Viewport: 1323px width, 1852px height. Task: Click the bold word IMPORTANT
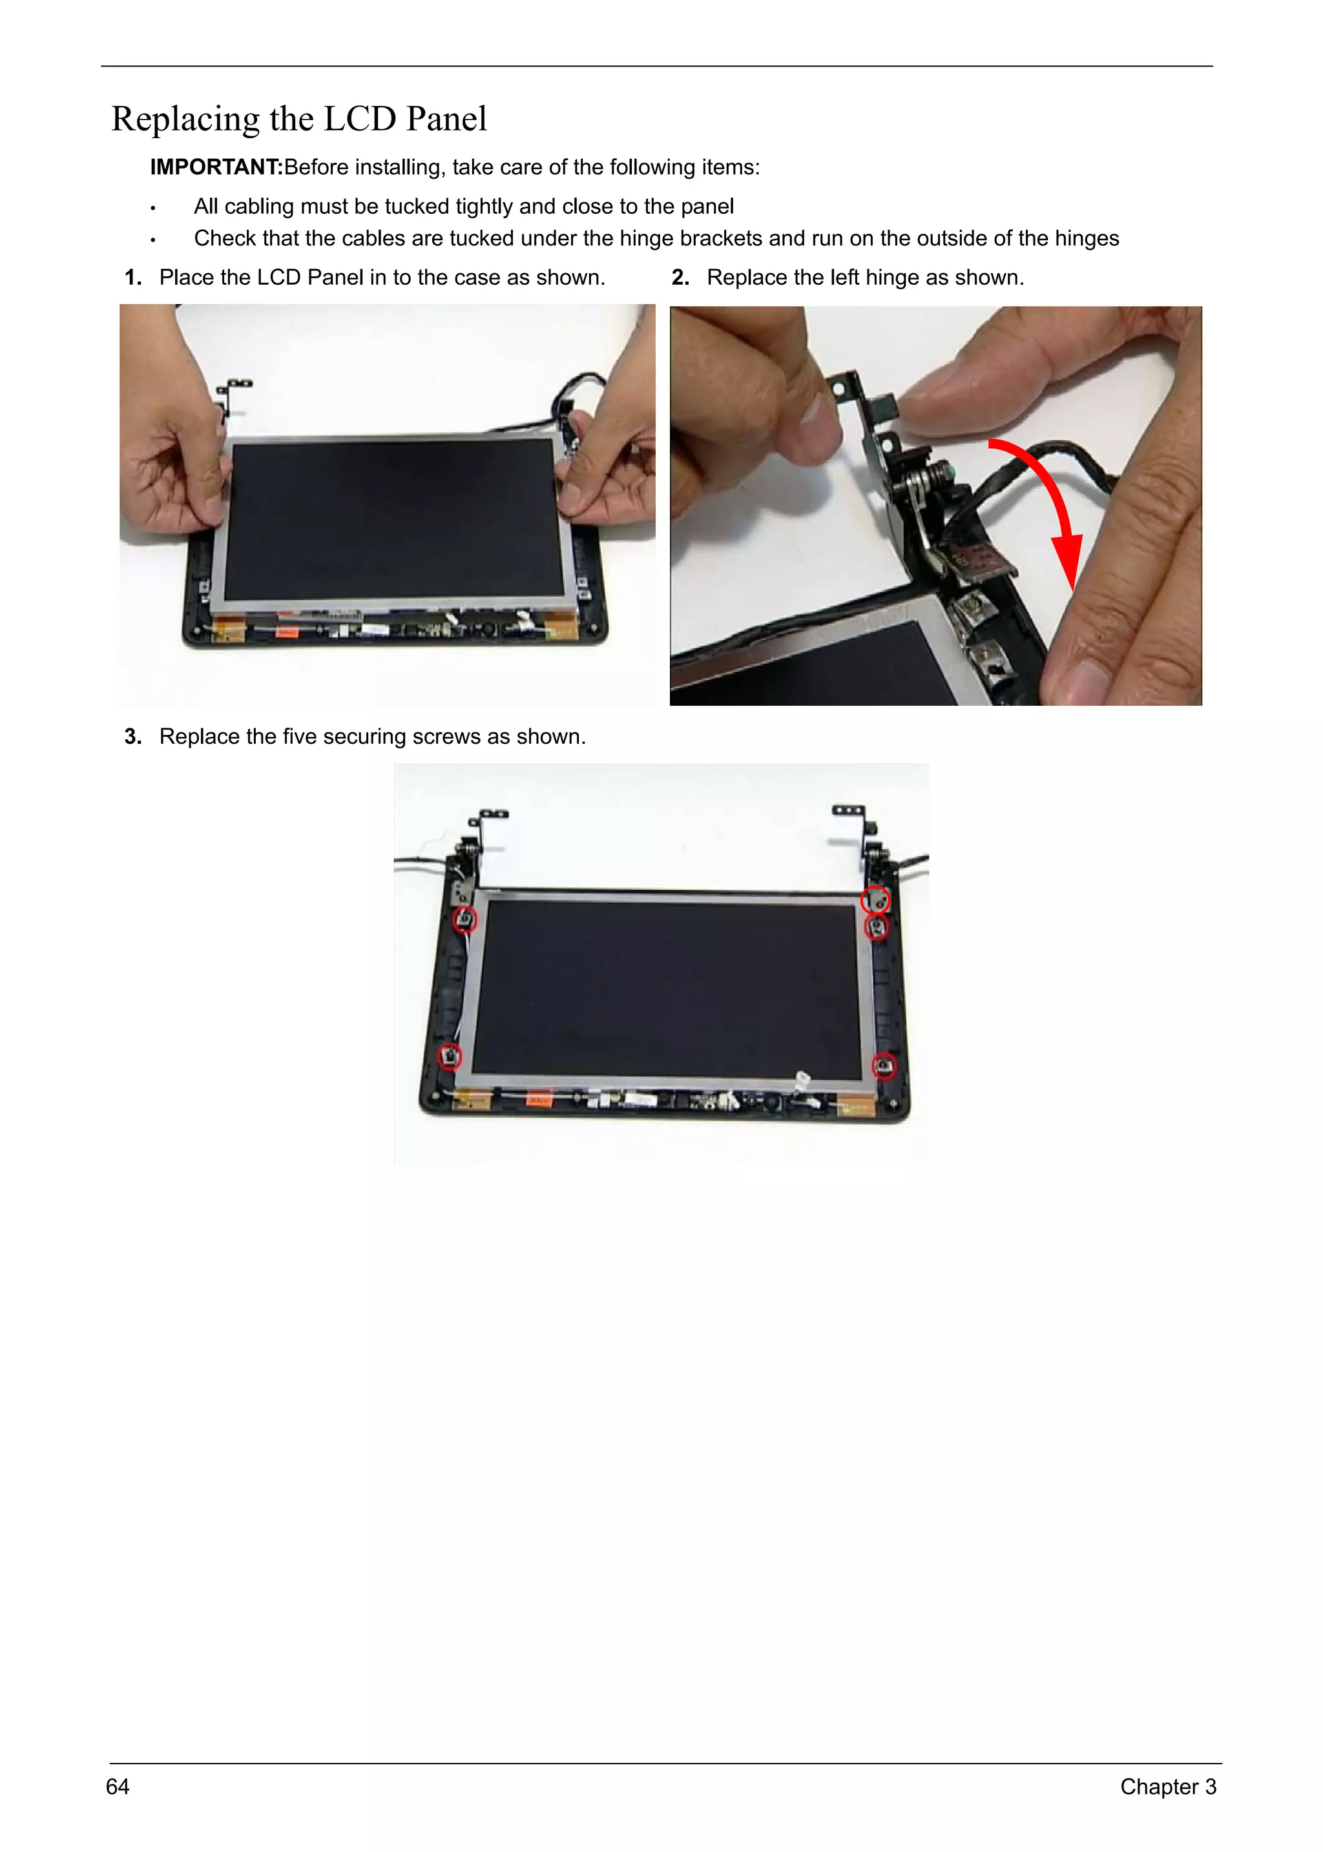point(216,167)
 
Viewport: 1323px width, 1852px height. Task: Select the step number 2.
point(680,278)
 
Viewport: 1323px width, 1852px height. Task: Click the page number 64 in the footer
point(118,1786)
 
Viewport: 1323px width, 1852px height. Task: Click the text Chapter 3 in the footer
point(1167,1786)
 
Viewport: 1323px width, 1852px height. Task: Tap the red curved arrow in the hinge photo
point(1051,505)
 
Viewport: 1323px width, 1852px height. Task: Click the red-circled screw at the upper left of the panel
point(464,920)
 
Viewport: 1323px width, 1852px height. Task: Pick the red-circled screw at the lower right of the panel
point(884,1065)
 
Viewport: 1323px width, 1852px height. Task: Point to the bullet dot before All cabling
point(152,209)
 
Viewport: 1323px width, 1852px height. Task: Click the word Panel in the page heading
point(446,119)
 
